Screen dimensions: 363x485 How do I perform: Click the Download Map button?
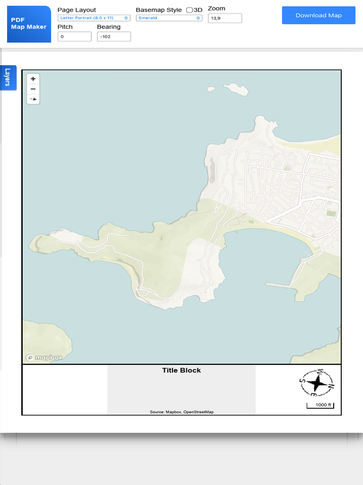coord(318,15)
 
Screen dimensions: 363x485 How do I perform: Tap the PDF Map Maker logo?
coord(29,24)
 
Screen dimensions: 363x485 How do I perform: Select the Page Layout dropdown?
coord(94,18)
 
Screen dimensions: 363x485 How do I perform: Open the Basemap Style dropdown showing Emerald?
coord(169,18)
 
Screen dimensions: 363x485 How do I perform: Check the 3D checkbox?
coord(190,10)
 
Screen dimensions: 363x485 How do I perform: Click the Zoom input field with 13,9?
coord(225,18)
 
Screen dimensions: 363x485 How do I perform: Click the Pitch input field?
coord(74,36)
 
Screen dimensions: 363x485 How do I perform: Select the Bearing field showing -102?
coord(113,36)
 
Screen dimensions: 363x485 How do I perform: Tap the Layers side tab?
coord(8,77)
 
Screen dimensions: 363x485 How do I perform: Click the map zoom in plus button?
coord(33,79)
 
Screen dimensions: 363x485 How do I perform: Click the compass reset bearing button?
coord(33,99)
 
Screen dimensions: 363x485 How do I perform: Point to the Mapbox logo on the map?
coord(44,358)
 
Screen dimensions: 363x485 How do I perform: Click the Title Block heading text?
coord(181,370)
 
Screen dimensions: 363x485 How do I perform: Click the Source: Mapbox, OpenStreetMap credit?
coord(181,412)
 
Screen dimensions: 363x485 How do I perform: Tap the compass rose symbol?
coord(317,383)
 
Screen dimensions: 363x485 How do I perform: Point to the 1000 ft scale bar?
coord(320,405)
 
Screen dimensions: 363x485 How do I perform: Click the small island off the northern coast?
coord(236,89)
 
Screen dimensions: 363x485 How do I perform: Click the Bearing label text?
coord(109,27)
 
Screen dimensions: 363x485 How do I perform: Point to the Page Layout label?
coord(77,10)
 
